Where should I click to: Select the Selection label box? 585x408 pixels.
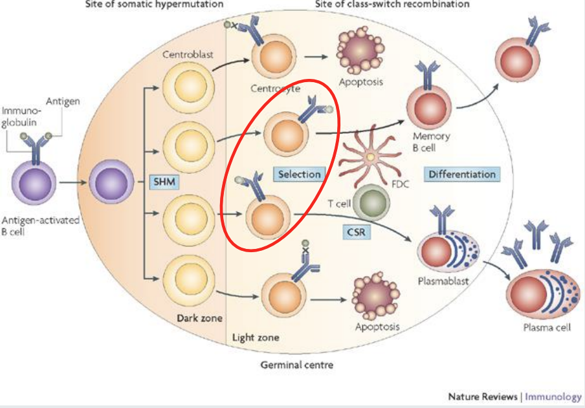pyautogui.click(x=299, y=174)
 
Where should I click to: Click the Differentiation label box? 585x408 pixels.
pyautogui.click(x=462, y=174)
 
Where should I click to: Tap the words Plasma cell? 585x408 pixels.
pyautogui.click(x=547, y=328)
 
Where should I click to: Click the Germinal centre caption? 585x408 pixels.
pyautogui.click(x=297, y=365)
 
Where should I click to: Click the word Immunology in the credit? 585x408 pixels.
pyautogui.click(x=553, y=396)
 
